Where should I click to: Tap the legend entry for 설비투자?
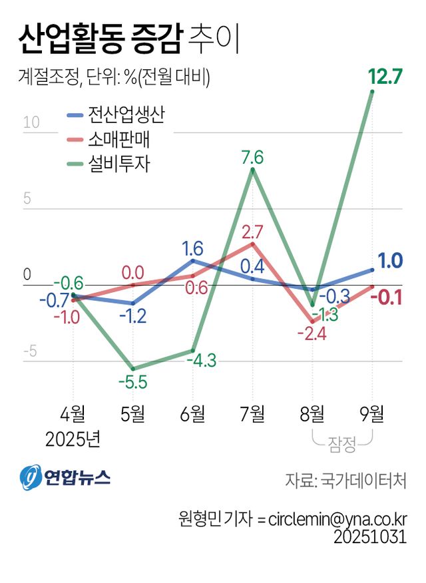coord(110,164)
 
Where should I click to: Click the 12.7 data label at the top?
coord(385,77)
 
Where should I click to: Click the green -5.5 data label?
coord(132,383)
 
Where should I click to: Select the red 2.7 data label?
coord(253,233)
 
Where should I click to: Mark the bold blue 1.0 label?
coord(390,261)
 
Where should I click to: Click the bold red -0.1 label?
coord(390,297)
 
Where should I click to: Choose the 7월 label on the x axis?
coord(252,414)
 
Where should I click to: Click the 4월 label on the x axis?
coord(73,414)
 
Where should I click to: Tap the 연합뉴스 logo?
coord(65,477)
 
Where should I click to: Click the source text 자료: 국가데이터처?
coord(345,479)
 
